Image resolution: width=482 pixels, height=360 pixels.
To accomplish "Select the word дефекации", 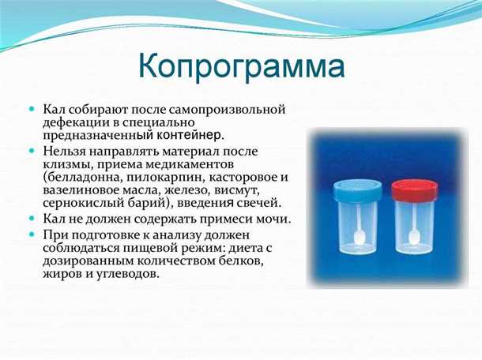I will (74, 122).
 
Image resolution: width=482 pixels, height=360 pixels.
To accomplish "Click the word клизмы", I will (66, 163).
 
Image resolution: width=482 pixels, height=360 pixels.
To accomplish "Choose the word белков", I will (242, 261).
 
